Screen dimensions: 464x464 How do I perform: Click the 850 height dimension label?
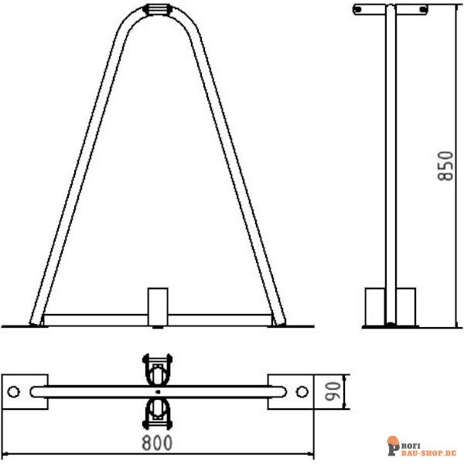click(446, 166)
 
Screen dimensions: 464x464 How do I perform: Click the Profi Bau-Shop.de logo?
click(421, 446)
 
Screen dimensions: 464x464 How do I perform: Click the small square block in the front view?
click(158, 305)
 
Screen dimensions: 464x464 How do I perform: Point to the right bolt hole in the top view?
click(302, 391)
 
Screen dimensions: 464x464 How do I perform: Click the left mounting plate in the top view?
click(25, 391)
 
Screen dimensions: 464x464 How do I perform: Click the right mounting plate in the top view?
click(291, 391)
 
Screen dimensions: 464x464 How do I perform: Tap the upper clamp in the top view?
click(157, 370)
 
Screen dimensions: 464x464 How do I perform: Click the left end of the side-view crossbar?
click(357, 9)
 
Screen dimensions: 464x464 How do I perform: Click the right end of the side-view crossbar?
click(424, 9)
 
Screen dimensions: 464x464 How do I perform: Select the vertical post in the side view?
click(391, 155)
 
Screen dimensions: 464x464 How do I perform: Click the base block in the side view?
click(390, 306)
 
